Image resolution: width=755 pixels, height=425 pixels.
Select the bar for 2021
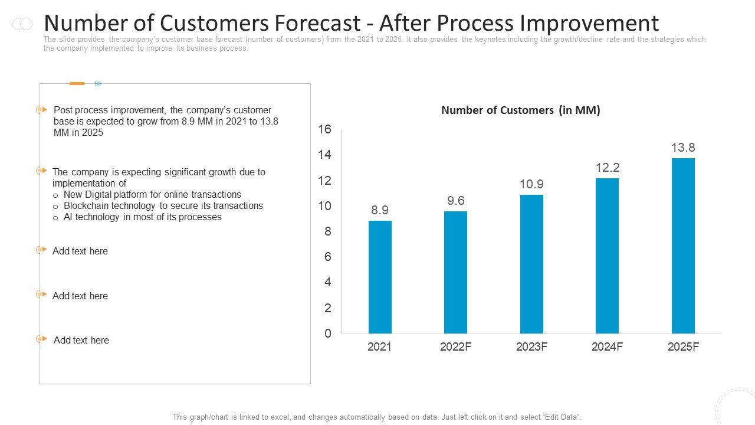click(380, 277)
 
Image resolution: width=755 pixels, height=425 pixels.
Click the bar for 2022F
click(455, 272)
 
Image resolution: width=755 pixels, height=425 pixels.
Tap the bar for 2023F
click(531, 264)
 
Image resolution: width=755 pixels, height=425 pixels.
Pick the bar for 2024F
click(607, 256)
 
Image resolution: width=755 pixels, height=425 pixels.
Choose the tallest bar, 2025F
click(683, 246)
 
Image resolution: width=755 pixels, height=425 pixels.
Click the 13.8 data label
click(683, 148)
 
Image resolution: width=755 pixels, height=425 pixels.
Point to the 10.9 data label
click(531, 184)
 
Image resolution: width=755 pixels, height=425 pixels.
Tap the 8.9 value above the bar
click(380, 210)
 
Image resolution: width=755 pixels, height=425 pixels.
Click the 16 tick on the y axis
click(325, 129)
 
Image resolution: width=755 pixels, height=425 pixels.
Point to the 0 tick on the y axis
click(328, 334)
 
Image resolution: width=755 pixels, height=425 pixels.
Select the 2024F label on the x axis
click(607, 347)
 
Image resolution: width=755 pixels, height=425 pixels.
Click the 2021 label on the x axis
click(379, 347)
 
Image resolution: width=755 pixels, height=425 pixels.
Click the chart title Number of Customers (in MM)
click(520, 110)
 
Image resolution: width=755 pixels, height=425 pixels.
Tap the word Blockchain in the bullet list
click(89, 206)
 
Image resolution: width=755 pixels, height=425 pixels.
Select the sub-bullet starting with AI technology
click(142, 217)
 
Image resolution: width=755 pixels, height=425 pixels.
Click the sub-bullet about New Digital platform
click(152, 195)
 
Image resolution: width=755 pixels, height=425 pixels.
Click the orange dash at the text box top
click(77, 84)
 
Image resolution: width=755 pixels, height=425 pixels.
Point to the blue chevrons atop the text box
click(98, 84)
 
